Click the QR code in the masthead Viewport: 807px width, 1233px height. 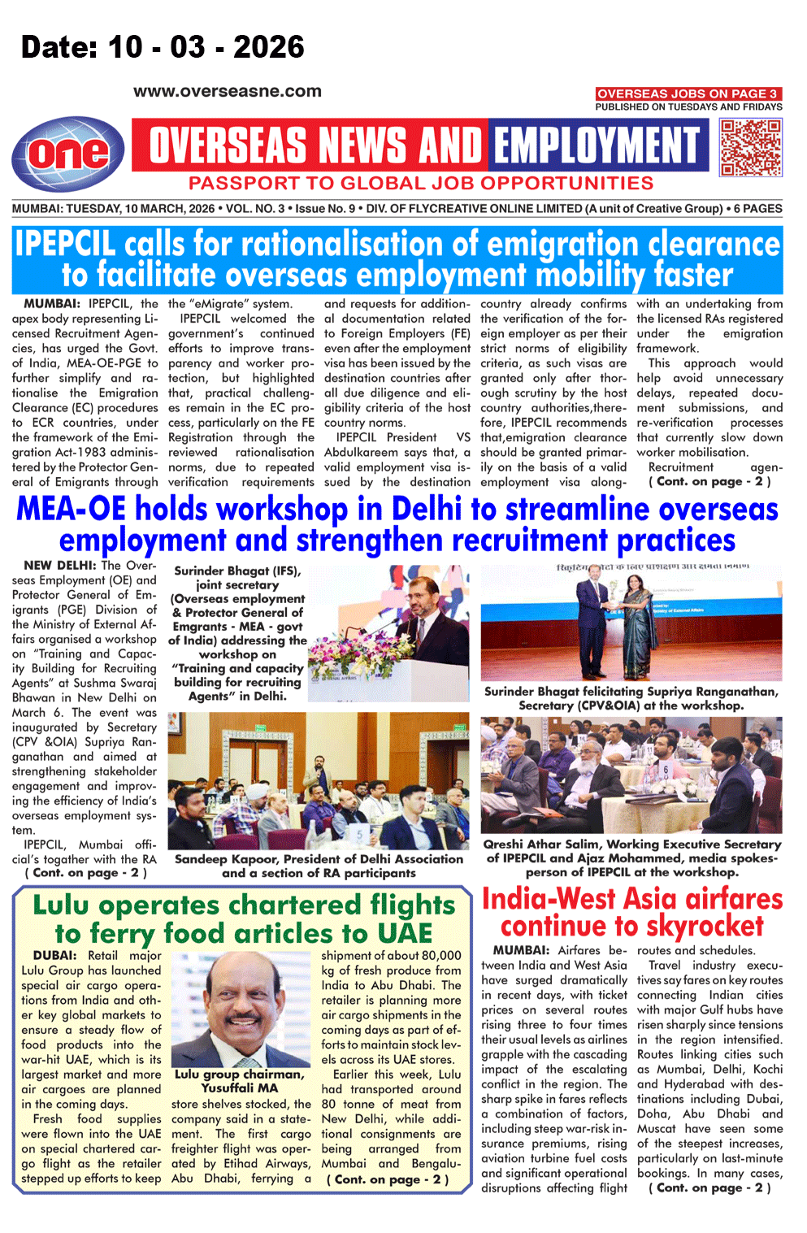click(751, 147)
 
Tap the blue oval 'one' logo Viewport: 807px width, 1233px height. click(68, 154)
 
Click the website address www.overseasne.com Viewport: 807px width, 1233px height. click(228, 92)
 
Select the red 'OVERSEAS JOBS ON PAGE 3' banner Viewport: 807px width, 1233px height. click(688, 93)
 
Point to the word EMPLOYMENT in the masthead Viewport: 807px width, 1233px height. click(597, 146)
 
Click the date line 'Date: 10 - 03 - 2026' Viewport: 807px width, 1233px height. click(163, 47)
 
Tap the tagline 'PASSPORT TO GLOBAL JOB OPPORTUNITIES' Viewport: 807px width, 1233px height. click(421, 184)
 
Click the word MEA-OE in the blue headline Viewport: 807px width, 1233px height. click(71, 510)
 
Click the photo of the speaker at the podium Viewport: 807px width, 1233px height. click(391, 634)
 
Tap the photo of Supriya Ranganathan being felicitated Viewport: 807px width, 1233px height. click(631, 623)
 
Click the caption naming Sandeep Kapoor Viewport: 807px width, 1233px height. click(319, 866)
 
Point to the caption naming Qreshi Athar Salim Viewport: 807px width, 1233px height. click(631, 858)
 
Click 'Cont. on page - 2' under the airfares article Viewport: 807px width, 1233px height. click(709, 1187)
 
